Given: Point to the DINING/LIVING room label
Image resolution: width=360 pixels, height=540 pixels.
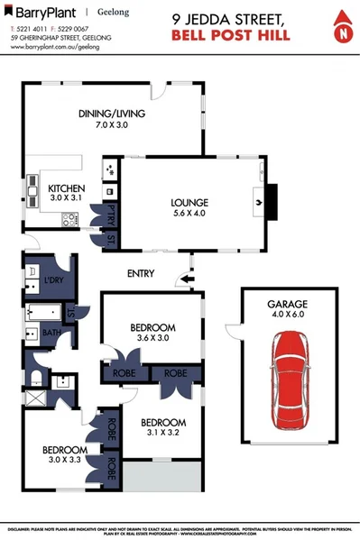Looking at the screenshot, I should pyautogui.click(x=111, y=114).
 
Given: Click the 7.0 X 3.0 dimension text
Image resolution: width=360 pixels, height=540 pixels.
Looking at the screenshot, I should pyautogui.click(x=111, y=125).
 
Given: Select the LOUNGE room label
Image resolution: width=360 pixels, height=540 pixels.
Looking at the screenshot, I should pyautogui.click(x=190, y=204).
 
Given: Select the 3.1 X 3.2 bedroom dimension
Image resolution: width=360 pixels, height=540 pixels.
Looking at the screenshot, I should pyautogui.click(x=163, y=433).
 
